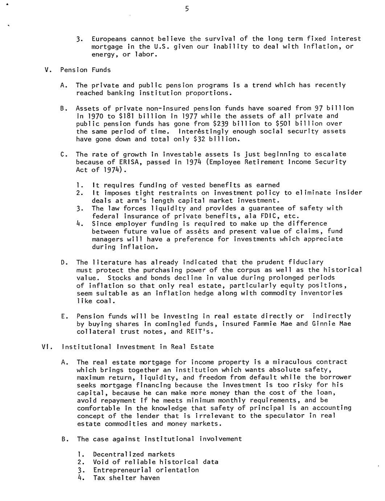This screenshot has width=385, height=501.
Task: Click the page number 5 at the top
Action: click(187, 9)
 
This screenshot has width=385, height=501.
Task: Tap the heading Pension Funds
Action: click(86, 70)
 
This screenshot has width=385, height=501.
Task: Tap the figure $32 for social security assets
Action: click(203, 139)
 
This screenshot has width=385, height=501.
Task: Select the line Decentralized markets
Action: click(134, 454)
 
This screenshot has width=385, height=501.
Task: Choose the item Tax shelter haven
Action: click(126, 478)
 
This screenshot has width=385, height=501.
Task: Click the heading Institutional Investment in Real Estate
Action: click(138, 347)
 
